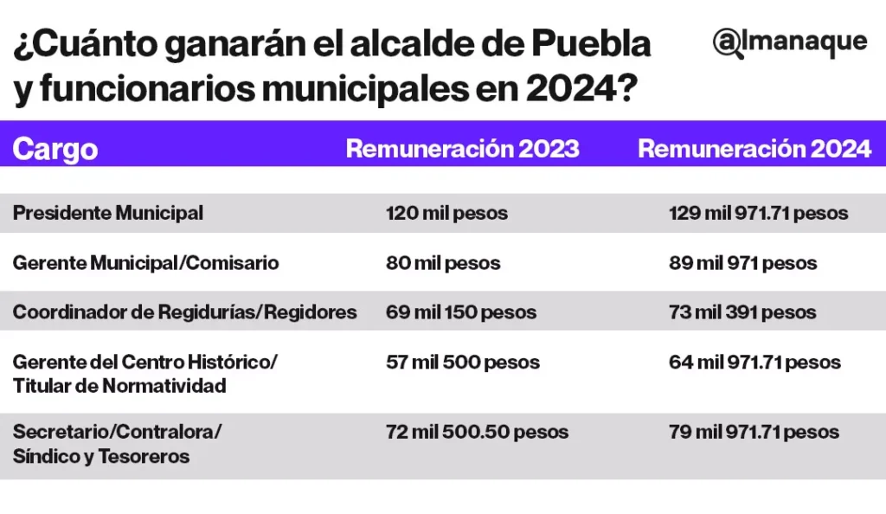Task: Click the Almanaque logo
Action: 789,42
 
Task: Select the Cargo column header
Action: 55,149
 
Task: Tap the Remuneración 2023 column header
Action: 462,149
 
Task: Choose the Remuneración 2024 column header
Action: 754,149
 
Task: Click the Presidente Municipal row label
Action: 108,213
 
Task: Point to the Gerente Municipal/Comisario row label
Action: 145,263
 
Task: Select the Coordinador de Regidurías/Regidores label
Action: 184,312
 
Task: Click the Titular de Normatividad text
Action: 119,386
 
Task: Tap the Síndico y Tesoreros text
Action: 101,456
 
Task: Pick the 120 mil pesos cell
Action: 446,213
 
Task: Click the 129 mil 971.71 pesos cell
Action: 758,213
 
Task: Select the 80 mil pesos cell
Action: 443,263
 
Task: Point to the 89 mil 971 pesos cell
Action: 742,263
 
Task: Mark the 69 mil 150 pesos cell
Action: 460,312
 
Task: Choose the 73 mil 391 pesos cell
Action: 742,312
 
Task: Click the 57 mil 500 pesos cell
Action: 462,362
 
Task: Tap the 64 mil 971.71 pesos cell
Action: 754,362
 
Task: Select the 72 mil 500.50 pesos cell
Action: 477,431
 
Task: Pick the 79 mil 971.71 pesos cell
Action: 754,431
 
